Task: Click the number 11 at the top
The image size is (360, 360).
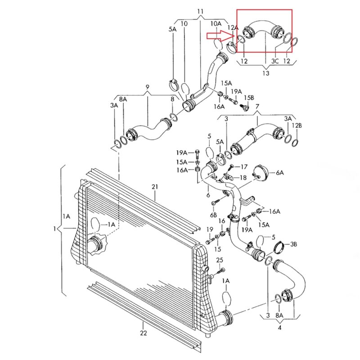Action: [200, 11]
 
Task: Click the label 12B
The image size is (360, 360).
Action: [297, 126]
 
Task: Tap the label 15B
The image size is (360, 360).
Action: [249, 98]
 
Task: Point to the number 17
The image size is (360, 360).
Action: [238, 166]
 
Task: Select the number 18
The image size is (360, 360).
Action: [243, 178]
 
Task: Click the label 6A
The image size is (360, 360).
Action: [280, 172]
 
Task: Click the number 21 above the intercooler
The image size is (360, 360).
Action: [155, 186]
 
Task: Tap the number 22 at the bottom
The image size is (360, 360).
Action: [143, 333]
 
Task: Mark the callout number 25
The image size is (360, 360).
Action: [220, 261]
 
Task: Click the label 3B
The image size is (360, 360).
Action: [294, 244]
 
